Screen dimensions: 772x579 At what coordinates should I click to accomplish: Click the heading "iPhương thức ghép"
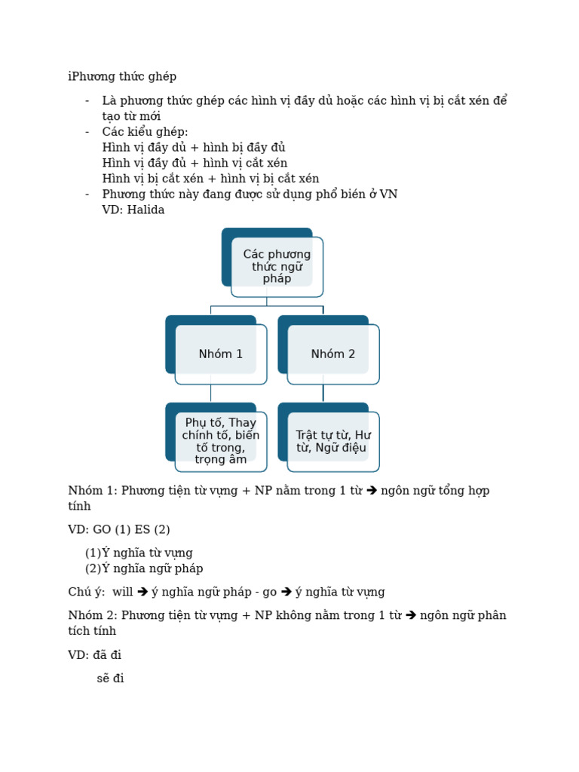point(122,76)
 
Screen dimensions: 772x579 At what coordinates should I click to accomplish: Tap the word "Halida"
point(146,210)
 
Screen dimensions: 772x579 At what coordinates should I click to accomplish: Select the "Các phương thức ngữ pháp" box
point(277,266)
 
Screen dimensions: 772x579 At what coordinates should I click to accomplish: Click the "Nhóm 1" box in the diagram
point(221,354)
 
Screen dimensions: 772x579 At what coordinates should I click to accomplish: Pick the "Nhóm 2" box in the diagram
point(333,354)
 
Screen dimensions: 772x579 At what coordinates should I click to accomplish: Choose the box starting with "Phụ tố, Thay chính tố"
point(221,441)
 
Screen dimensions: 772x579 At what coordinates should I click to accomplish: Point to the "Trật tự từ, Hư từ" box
point(333,441)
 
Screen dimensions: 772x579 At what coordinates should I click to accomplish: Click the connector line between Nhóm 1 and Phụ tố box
point(211,394)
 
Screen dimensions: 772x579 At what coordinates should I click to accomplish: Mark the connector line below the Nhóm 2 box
point(323,394)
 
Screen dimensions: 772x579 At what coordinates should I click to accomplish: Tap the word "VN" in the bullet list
point(388,194)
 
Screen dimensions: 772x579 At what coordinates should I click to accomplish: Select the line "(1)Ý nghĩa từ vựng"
point(139,553)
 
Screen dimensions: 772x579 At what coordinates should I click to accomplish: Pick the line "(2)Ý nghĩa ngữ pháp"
point(144,568)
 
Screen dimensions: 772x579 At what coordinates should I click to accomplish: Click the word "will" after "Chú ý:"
point(122,592)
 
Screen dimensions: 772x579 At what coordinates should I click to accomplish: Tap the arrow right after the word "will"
point(142,592)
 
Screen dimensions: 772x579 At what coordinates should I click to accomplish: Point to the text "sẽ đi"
point(110,678)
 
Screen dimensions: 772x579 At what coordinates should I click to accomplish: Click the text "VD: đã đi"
point(95,654)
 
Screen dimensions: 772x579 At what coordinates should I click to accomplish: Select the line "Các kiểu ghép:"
point(146,131)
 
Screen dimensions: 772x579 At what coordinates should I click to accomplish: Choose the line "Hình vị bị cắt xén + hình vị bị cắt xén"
point(210,179)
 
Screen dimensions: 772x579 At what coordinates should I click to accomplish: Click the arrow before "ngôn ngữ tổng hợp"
point(372,491)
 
